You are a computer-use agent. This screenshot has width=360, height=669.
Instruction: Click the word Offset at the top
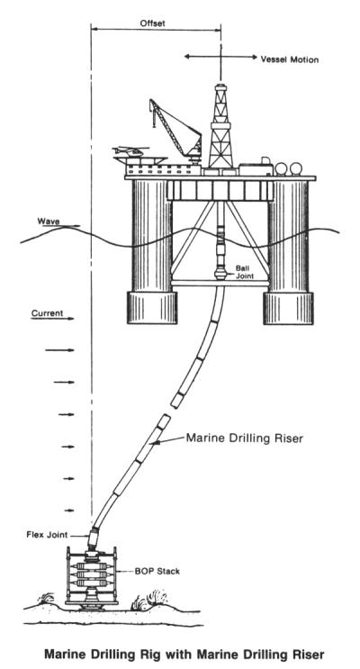click(152, 23)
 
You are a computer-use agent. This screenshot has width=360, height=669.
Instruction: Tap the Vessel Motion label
click(290, 59)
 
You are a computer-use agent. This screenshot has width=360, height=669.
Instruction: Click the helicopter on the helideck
click(130, 151)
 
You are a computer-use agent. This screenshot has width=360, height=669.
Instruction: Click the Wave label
click(49, 221)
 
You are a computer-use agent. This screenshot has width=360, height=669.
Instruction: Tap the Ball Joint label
click(245, 272)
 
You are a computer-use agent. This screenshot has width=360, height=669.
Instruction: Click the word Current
click(47, 313)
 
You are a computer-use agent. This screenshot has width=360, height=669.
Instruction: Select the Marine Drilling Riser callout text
click(245, 438)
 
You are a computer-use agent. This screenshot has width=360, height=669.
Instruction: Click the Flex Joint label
click(47, 535)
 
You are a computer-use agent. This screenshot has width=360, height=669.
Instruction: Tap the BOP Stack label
click(157, 571)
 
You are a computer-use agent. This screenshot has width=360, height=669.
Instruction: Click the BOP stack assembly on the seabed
click(91, 576)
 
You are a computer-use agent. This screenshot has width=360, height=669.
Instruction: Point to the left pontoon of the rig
click(152, 308)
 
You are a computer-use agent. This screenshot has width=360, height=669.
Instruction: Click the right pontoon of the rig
click(288, 308)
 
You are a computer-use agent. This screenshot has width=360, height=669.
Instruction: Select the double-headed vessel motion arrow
click(220, 57)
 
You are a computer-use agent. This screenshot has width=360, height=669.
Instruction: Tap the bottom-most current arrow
click(68, 511)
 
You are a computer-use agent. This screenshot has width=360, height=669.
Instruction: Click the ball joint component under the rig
click(220, 272)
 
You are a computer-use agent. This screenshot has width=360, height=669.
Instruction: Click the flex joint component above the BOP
click(93, 539)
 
